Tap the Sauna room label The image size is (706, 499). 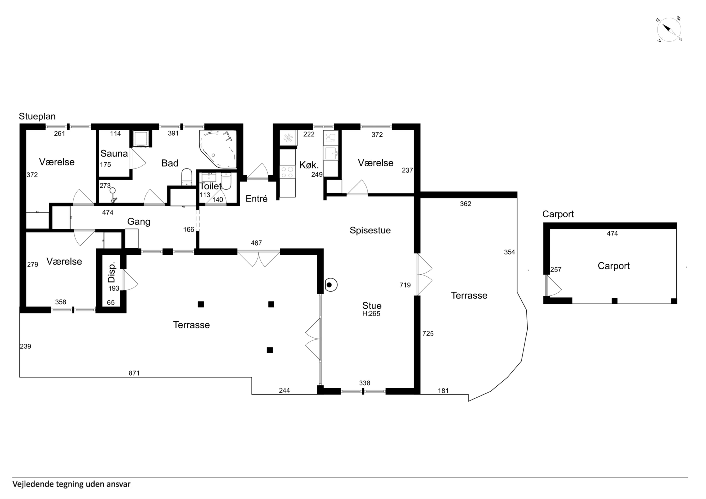click(114, 153)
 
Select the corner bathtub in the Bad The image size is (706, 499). click(218, 149)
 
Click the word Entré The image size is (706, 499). click(256, 199)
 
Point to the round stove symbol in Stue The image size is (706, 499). click(330, 285)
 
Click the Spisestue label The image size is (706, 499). click(370, 230)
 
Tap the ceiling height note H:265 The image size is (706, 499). click(371, 314)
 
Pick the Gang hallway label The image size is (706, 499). click(139, 222)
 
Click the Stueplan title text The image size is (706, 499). click(37, 116)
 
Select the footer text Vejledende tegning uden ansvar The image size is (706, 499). click(71, 484)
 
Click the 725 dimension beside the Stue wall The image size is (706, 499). click(428, 333)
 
